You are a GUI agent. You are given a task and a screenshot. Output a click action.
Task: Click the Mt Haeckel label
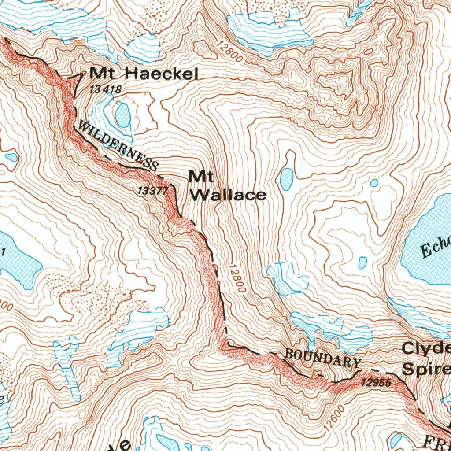144,73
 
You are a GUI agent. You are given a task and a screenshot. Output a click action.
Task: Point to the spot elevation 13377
152,190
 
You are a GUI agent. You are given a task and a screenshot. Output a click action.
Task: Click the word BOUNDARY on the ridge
323,358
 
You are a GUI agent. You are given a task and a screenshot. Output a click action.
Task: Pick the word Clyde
425,349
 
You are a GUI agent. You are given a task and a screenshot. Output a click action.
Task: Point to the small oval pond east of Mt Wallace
286,178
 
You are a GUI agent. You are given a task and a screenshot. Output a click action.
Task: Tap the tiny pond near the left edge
12,157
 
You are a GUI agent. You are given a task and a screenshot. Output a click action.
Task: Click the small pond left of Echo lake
362,263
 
